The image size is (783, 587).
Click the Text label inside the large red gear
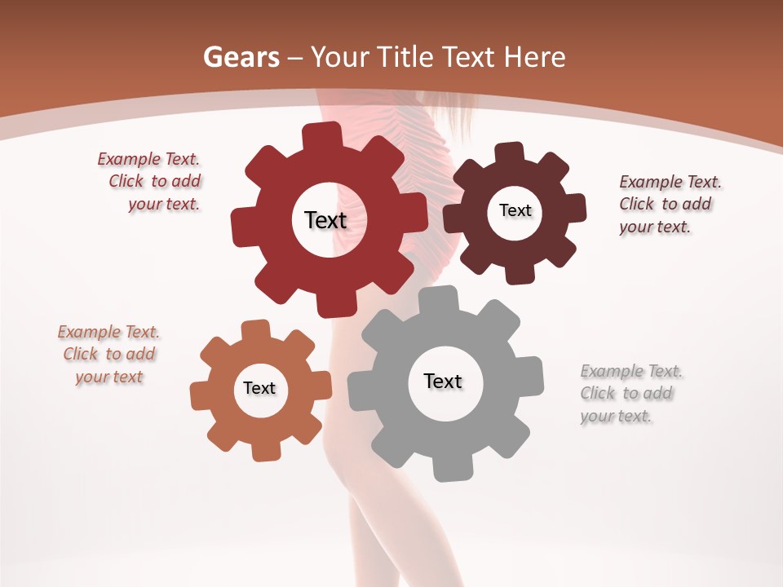[325, 220]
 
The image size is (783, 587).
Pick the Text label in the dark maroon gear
[515, 210]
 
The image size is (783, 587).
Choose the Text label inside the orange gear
[259, 388]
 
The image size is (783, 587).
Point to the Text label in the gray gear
[443, 381]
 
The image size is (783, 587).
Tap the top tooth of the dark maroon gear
[510, 152]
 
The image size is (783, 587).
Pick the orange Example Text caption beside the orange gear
[108, 354]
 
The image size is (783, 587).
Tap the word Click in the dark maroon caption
[636, 204]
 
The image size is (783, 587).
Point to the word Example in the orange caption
[89, 332]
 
